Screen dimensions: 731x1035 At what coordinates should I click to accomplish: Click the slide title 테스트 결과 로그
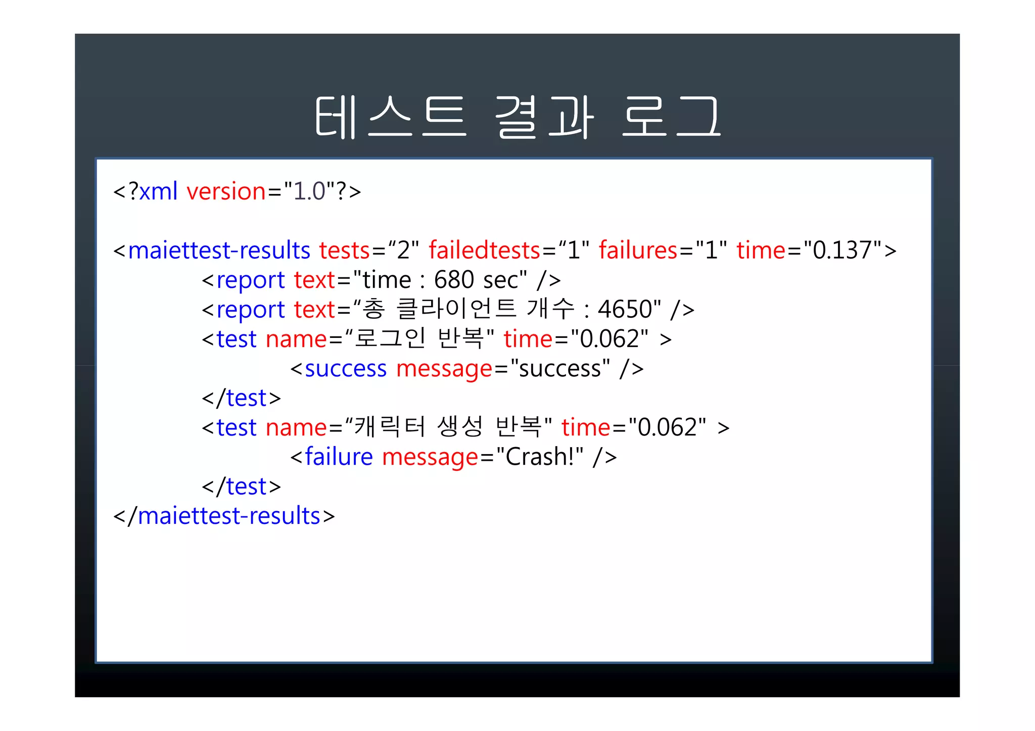517,117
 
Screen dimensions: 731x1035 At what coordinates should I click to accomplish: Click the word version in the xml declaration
226,191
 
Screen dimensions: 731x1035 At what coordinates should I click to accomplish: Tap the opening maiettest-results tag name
219,251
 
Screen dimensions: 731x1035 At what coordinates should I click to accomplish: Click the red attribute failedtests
484,251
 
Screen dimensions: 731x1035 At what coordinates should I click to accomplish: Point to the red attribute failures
638,251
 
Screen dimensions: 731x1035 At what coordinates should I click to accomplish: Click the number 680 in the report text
454,280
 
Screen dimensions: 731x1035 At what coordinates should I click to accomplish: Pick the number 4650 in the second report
624,309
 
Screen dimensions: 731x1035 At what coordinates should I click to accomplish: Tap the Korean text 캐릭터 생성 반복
448,427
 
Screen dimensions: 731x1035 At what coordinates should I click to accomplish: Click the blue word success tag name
345,369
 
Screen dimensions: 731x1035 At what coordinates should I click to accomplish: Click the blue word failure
339,457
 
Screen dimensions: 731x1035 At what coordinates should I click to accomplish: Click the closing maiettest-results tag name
229,516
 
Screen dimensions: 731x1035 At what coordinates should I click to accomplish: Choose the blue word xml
158,191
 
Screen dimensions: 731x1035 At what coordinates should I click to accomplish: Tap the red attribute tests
345,251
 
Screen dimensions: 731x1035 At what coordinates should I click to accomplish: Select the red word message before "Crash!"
430,457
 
